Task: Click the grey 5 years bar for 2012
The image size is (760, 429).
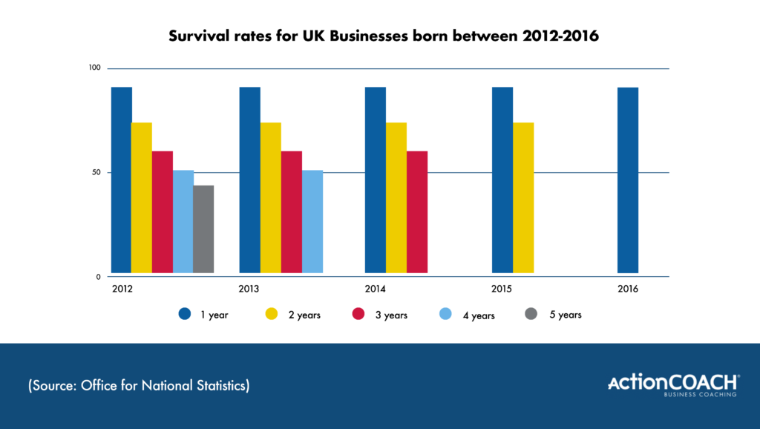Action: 203,229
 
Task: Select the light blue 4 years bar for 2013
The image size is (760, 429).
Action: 312,222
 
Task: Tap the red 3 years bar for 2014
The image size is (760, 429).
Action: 417,212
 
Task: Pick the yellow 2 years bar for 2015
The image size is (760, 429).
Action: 523,198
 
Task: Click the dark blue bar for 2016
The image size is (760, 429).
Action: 628,180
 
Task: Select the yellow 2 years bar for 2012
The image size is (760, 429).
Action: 142,198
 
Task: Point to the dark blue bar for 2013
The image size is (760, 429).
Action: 250,180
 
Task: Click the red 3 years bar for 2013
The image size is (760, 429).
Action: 292,212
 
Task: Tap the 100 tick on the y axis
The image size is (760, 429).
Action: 94,68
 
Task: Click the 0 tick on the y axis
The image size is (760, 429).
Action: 97,277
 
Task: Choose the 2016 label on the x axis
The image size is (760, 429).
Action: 628,288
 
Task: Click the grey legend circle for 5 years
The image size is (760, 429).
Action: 531,315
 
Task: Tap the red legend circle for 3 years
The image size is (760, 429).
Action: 358,315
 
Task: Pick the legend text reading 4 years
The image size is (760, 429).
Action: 479,315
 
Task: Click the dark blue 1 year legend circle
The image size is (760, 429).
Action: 185,315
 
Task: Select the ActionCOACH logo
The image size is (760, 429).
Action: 673,384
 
